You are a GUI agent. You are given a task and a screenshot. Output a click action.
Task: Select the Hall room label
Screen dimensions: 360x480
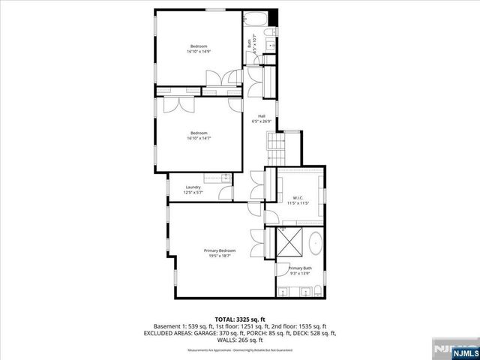262,115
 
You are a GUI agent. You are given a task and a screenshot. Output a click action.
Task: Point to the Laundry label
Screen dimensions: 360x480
193,187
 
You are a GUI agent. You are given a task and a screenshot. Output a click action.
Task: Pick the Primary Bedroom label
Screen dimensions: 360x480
220,250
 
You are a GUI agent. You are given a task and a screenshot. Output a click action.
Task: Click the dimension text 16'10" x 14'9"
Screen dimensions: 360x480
199,52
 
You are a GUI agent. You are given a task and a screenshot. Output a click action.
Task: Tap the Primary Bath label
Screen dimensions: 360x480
300,268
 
